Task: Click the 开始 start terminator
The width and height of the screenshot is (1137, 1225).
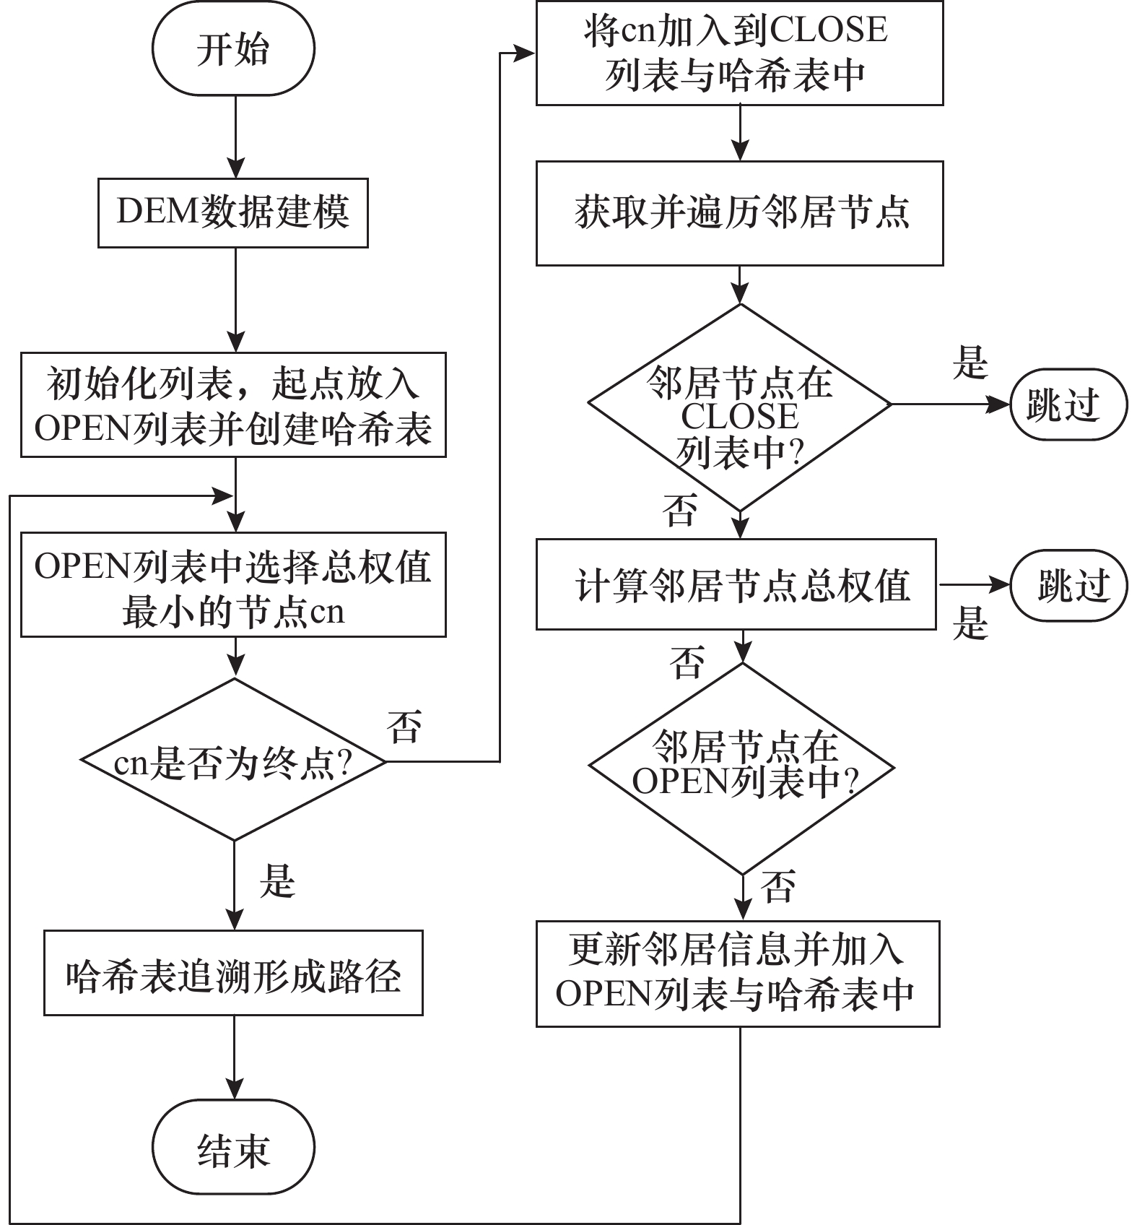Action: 233,49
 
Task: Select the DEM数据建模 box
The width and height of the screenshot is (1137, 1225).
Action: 233,213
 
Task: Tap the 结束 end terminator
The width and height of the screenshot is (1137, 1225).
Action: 233,1148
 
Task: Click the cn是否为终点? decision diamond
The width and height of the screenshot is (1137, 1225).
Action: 234,761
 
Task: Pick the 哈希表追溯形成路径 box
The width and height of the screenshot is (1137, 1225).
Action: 233,973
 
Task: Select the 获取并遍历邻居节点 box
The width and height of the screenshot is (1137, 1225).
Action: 739,213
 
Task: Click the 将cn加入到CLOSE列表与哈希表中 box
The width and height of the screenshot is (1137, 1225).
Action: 739,53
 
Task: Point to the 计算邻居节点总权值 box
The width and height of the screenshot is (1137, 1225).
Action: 736,584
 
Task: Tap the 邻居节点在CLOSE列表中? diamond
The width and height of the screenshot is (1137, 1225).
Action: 740,408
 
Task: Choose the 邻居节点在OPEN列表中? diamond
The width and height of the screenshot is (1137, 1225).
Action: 742,768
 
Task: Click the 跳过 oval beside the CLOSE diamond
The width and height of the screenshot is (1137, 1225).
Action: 1068,404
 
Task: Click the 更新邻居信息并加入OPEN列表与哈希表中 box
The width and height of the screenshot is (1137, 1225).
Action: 738,973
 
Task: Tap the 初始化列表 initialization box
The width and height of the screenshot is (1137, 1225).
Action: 233,404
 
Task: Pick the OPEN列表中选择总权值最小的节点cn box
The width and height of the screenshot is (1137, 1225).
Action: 233,584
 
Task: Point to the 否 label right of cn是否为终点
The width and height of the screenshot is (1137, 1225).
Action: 404,727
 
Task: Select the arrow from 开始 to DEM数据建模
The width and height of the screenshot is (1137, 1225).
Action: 235,137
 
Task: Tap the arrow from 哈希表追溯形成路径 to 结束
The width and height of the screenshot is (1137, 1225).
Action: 235,1057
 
